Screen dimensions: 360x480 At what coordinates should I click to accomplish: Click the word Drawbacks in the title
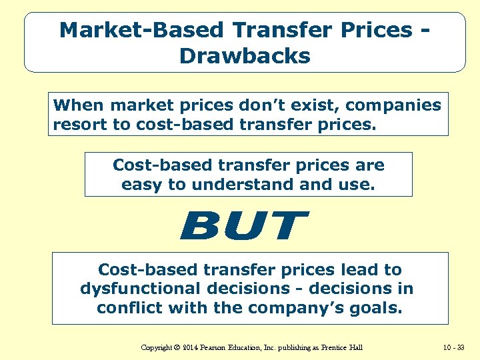coord(245,56)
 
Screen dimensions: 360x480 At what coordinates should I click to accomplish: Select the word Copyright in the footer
coord(159,347)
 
